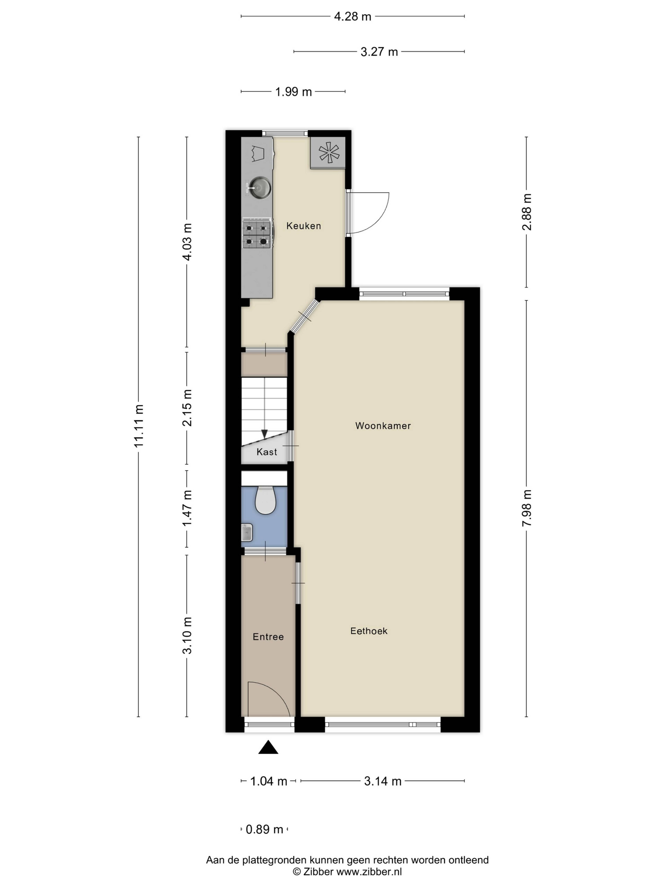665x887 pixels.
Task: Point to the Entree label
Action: pyautogui.click(x=268, y=637)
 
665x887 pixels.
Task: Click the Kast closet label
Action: pyautogui.click(x=267, y=452)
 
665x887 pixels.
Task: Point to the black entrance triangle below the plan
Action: pyautogui.click(x=268, y=748)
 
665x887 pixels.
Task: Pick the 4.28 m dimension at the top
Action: pyautogui.click(x=353, y=16)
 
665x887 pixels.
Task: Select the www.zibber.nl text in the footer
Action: pyautogui.click(x=369, y=871)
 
